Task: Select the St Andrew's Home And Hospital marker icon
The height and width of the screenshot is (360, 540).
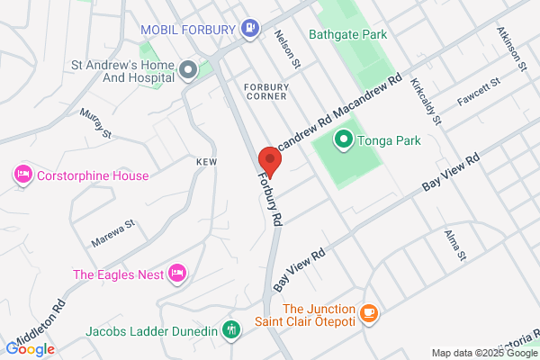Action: coord(188,69)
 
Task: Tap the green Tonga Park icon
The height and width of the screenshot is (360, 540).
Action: coord(343,140)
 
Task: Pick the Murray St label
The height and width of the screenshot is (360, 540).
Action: coord(94,123)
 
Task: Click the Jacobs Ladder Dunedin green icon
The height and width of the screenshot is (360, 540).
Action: coord(232,330)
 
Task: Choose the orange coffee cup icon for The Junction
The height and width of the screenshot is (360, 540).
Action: coord(367,313)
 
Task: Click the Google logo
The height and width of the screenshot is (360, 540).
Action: coord(30,349)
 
